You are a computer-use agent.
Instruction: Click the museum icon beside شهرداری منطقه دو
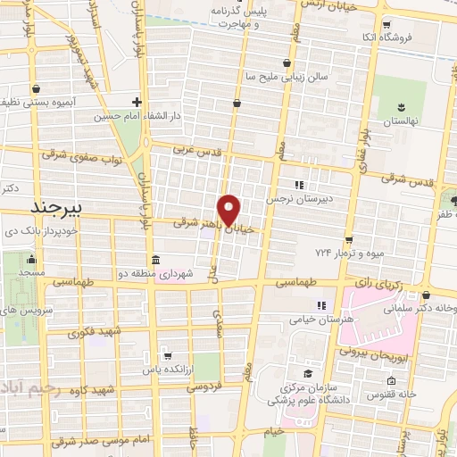pyautogui.click(x=156, y=261)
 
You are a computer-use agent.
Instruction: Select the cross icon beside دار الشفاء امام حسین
pyautogui.click(x=137, y=102)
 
